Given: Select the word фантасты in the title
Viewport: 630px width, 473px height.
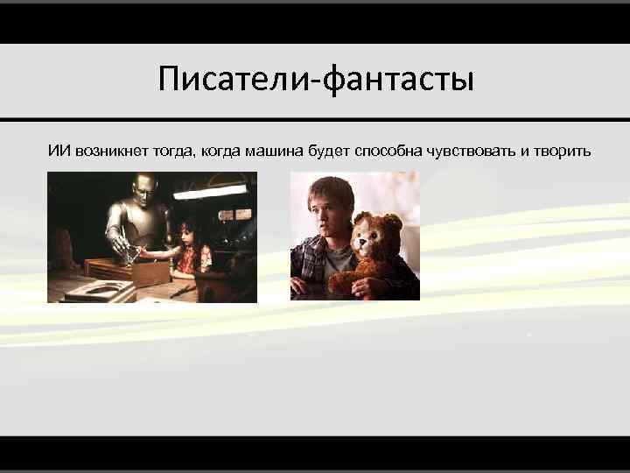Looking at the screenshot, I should (x=399, y=80).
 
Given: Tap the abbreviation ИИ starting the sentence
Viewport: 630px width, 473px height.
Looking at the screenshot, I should (x=59, y=151).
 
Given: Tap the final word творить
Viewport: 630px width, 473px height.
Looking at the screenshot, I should (x=561, y=151).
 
